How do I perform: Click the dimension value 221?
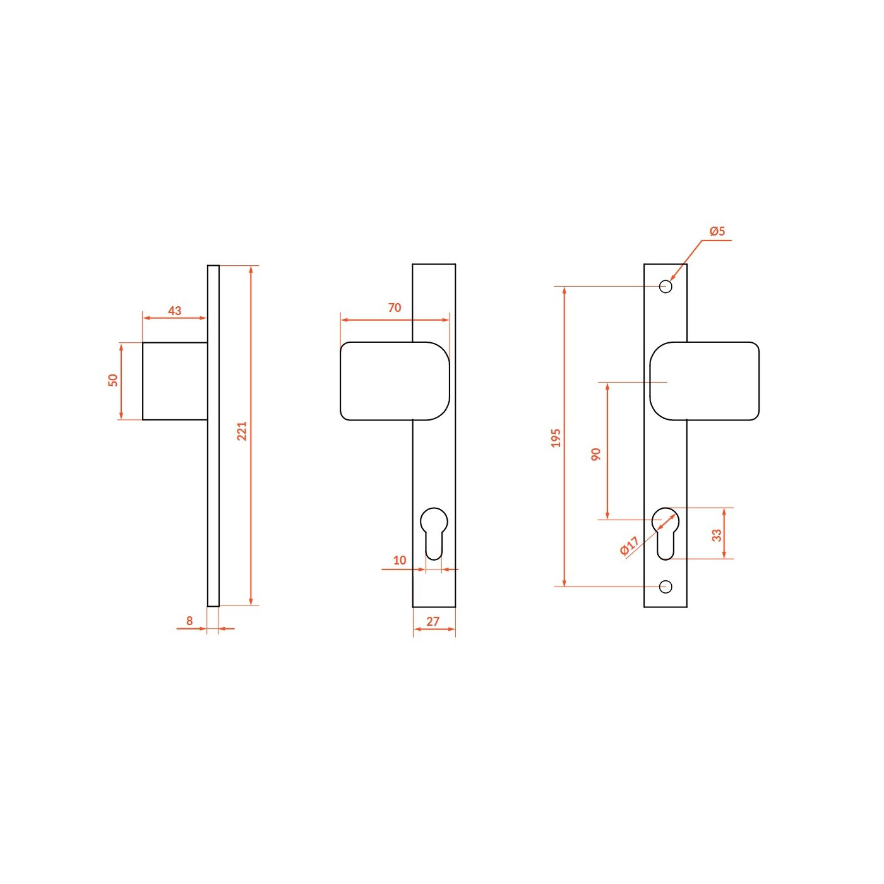tap(242, 431)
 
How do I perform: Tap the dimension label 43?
tap(174, 311)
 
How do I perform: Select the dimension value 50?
tap(113, 380)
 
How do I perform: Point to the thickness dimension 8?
tap(189, 621)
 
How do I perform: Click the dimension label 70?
tap(395, 308)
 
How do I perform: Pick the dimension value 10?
tap(400, 560)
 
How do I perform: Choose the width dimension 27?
tap(433, 621)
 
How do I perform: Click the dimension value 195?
tap(556, 438)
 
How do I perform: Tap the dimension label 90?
tap(595, 455)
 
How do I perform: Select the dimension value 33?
tap(717, 535)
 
